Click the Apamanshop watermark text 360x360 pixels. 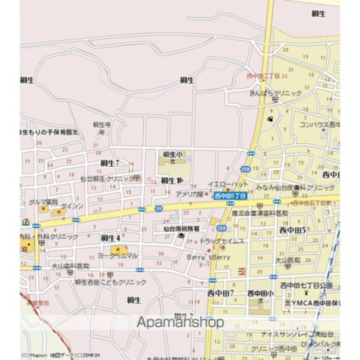click(180, 322)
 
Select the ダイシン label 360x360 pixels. click(70, 206)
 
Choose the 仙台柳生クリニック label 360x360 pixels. click(110, 179)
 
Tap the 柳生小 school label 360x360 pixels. click(173, 154)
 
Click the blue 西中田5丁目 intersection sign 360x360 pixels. click(230, 195)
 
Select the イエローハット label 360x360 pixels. click(226, 183)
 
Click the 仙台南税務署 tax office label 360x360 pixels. click(181, 229)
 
